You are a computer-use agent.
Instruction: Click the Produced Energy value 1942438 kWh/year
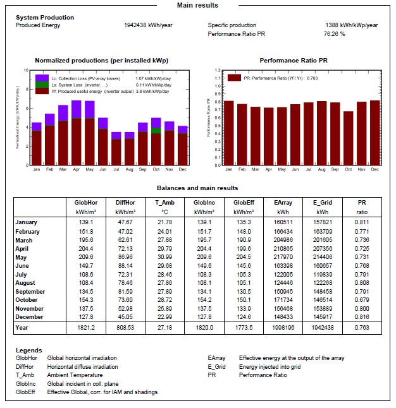pyautogui.click(x=149, y=25)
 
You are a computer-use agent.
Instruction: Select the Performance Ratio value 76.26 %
pyautogui.click(x=334, y=33)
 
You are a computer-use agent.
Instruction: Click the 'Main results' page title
pyautogui.click(x=198, y=5)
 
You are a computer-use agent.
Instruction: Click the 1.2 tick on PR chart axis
pyautogui.click(x=217, y=71)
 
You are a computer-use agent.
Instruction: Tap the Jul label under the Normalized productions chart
pyautogui.click(x=116, y=170)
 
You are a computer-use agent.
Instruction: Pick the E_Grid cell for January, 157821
pyautogui.click(x=323, y=222)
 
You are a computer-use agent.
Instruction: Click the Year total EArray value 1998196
pyautogui.click(x=283, y=328)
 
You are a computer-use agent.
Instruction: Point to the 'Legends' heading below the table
pyautogui.click(x=29, y=350)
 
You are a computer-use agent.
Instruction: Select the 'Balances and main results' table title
pyautogui.click(x=198, y=188)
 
